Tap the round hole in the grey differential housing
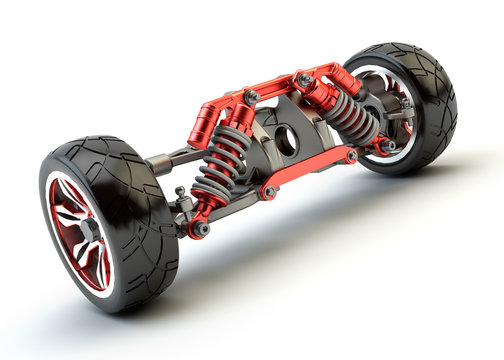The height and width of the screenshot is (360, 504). [286, 141]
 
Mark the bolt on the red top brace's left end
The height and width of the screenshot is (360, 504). [250, 97]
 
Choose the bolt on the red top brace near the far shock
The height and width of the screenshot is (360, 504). [304, 78]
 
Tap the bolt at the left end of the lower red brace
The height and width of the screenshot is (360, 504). [268, 191]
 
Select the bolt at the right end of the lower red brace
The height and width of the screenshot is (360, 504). [351, 156]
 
